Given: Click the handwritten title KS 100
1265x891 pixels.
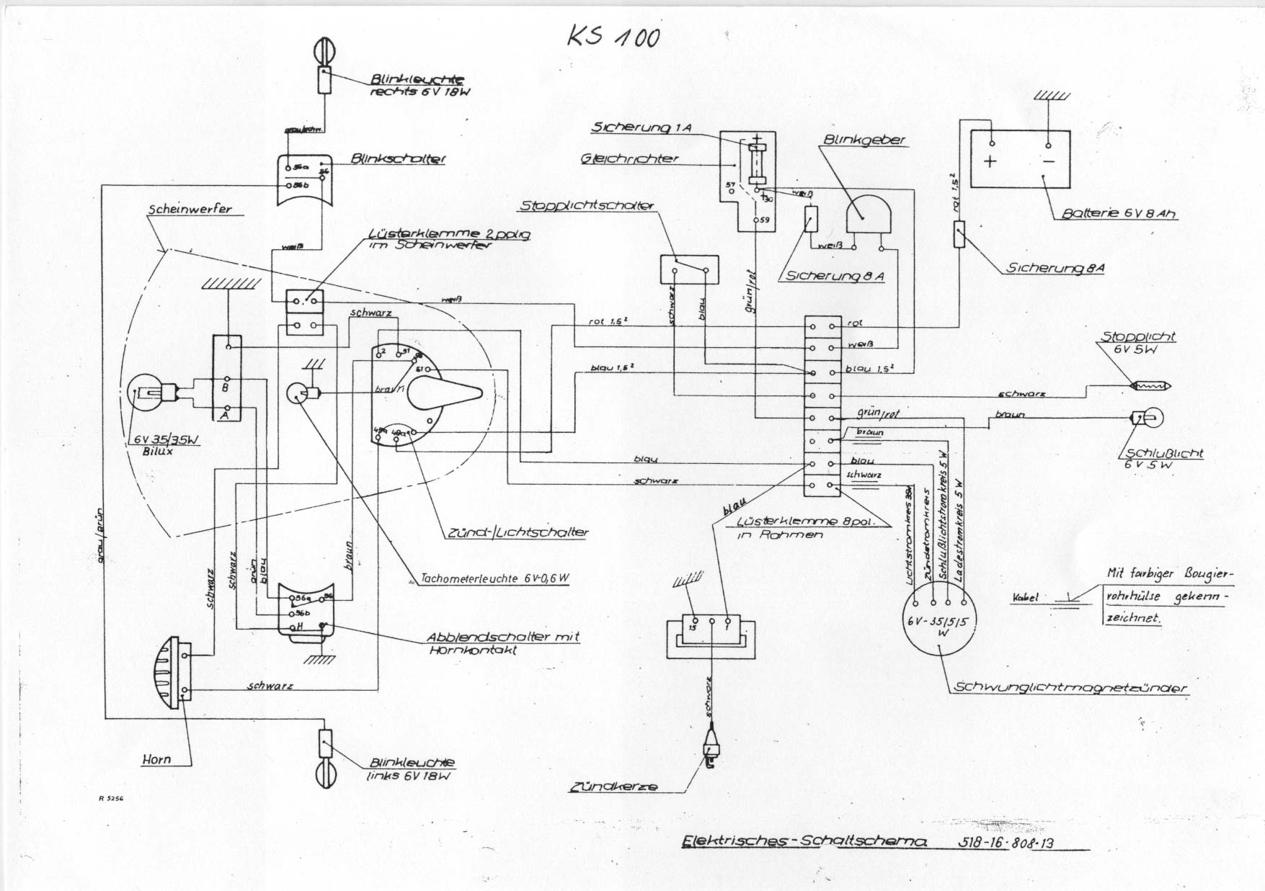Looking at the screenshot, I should point(613,36).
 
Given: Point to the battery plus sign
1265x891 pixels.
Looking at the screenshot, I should point(990,161).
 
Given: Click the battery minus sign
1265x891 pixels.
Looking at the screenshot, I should point(1049,161).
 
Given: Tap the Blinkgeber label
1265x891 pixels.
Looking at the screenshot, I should point(864,140).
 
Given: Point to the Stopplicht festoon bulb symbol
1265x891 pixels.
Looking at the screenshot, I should point(1151,385).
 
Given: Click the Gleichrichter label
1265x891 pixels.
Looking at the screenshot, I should point(629,158).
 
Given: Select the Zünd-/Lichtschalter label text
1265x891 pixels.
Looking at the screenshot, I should point(518,532).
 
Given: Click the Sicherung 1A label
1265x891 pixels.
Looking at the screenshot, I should point(641,127).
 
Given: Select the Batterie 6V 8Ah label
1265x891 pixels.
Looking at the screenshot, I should point(1119,214).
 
